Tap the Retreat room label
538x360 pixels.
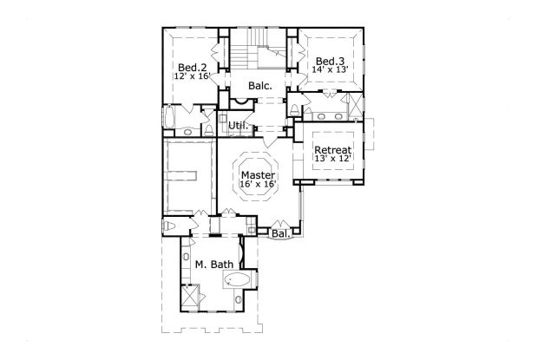click(x=333, y=150)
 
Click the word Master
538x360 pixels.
click(x=258, y=174)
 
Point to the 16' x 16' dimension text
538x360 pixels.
click(x=258, y=185)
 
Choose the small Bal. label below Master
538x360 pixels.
click(x=279, y=233)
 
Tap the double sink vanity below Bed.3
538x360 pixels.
click(x=330, y=114)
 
